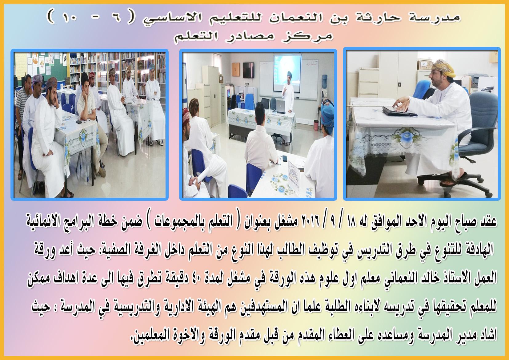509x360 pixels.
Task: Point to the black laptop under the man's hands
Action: point(399,111)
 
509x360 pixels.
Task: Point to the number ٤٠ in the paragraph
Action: point(201,278)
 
